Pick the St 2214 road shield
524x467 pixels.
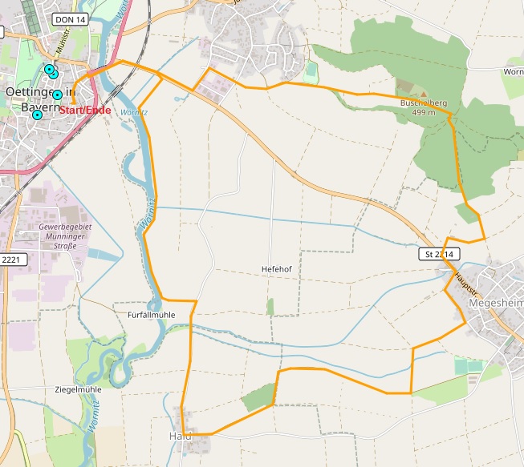440,254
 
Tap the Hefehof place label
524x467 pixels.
275,269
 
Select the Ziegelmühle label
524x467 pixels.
78,389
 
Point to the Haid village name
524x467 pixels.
181,436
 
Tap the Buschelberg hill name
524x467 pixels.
424,103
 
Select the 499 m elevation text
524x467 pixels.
423,113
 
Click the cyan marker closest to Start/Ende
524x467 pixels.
57,95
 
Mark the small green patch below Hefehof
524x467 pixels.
270,306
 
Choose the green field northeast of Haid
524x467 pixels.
258,397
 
